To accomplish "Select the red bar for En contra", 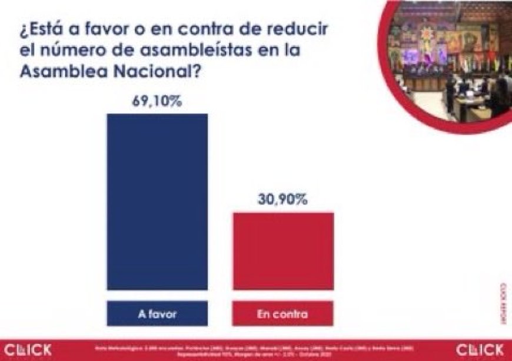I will [283, 251].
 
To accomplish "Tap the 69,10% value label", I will [157, 101].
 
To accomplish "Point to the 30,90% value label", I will [283, 200].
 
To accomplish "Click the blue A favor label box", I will [157, 314].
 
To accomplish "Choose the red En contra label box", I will [283, 314].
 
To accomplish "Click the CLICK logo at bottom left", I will [28, 349].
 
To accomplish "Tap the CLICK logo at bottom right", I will [480, 349].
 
